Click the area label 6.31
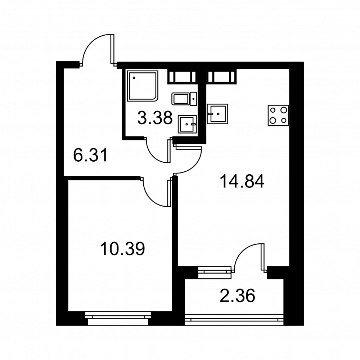90,155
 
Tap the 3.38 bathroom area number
155,118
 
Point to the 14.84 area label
242,181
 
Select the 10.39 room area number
123,249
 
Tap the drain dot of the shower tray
134,78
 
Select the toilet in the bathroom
184,99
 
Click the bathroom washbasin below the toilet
187,124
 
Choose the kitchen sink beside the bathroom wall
217,114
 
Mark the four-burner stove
278,116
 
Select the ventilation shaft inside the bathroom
183,76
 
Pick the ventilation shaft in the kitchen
221,76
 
